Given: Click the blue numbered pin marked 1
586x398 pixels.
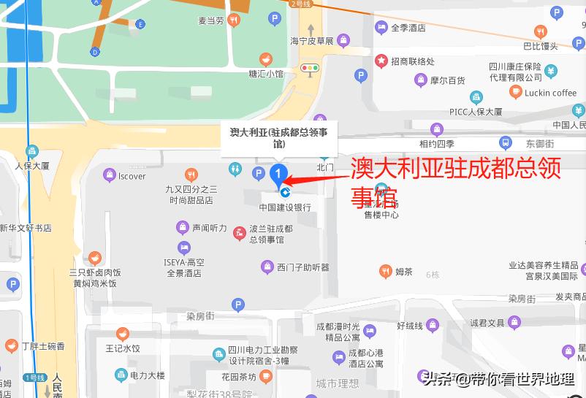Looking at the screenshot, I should coord(278,174).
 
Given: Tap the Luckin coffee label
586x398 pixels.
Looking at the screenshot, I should coord(550,93).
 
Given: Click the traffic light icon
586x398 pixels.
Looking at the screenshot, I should coord(311,69).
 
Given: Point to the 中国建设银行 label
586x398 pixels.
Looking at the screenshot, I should coord(285,207).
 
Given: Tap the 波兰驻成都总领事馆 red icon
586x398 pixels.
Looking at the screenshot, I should coord(240,234).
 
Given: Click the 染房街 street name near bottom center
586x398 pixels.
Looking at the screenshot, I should coord(199,316).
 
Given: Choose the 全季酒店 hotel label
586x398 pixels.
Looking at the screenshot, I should coord(408,28).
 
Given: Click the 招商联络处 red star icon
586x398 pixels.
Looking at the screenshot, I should coord(381,61).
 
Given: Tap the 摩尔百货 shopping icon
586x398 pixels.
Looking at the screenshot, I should coord(420,80).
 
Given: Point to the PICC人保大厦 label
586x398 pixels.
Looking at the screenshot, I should coord(476,112).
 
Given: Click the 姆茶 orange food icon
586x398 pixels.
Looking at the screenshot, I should coord(385,272).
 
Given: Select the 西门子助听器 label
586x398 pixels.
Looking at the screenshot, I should coord(302,267).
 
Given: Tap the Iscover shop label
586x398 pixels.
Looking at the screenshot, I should coord(132,176).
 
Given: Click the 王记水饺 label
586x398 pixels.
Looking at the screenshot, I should coord(122,349).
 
